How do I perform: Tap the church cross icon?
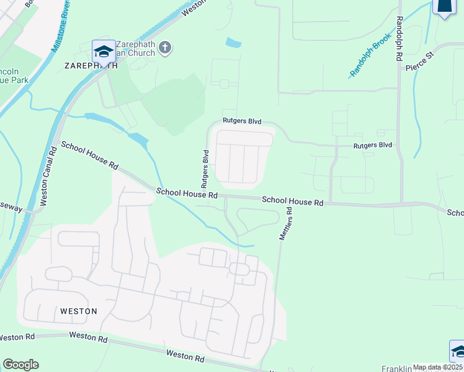coord(165,48)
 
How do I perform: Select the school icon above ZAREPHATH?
coord(103,50)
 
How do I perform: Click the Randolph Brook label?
coord(372,60)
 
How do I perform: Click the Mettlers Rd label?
coord(286,224)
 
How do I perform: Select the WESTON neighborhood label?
coord(79,311)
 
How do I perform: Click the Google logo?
coord(20,365)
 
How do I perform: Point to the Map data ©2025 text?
coord(437,367)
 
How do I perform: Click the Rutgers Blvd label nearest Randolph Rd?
coord(373,145)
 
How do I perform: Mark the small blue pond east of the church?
coord(233,43)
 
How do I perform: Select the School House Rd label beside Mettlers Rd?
coord(293,201)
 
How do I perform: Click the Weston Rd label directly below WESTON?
coord(88,339)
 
